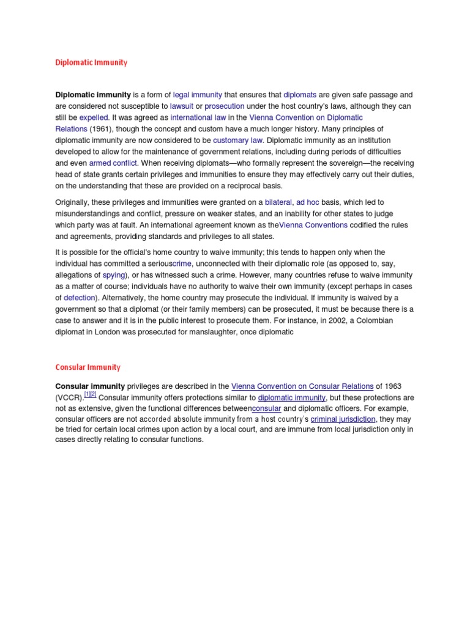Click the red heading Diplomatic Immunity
pos(91,62)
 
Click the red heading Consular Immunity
pos(88,367)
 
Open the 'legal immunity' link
pos(197,95)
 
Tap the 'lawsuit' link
pos(182,106)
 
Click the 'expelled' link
pos(94,117)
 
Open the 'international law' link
pos(198,117)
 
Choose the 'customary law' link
pos(238,141)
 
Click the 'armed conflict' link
pos(113,163)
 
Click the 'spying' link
pos(113,275)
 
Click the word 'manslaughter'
pos(205,332)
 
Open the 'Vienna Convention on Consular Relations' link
pos(302,386)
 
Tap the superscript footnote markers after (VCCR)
pos(90,396)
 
